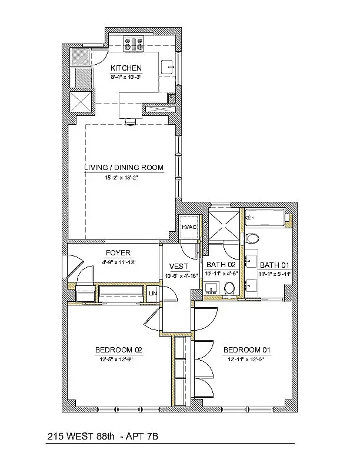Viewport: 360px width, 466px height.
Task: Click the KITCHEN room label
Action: point(126,68)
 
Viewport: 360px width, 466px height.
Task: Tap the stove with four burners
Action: point(134,44)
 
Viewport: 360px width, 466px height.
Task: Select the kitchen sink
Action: point(168,68)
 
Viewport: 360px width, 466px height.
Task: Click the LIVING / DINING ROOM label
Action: point(124,167)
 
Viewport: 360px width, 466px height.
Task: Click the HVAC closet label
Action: point(189,227)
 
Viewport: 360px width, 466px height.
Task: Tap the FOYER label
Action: point(118,253)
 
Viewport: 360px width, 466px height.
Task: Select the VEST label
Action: point(178,266)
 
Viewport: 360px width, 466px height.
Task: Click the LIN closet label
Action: point(153,294)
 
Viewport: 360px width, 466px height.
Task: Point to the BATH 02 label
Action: point(221,265)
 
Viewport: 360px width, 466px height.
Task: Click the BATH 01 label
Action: point(275,265)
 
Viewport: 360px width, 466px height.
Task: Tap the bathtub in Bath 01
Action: point(265,218)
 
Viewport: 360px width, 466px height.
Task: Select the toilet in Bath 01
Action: point(252,238)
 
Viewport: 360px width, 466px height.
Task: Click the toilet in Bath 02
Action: point(229,288)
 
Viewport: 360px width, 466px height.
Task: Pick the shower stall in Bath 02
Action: point(224,225)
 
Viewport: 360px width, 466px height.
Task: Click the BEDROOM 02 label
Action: point(119,350)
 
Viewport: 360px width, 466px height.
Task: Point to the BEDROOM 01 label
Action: point(247,350)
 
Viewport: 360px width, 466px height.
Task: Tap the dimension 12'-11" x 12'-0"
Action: point(246,359)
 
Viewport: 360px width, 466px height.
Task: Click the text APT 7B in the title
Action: point(142,437)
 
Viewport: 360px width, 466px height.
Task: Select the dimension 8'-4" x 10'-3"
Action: point(126,76)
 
